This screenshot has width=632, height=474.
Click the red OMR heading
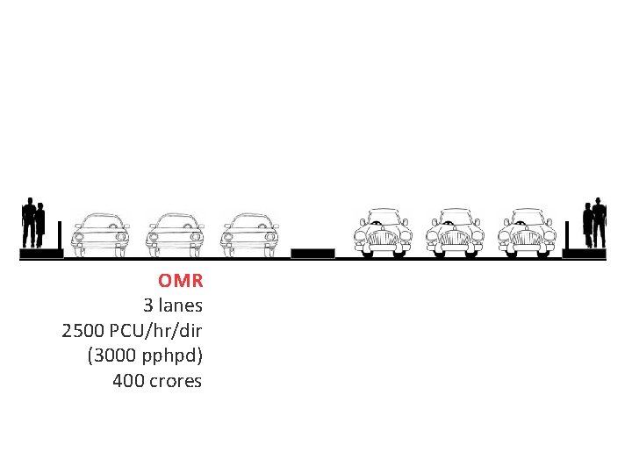181,281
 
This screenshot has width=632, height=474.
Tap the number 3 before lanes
147,306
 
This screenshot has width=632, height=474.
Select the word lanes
180,306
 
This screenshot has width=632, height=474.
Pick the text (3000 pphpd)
145,356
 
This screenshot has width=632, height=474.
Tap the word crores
176,381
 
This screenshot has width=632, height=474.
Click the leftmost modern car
101,233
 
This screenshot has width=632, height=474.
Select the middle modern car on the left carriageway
176,233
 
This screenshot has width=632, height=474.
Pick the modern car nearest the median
250,233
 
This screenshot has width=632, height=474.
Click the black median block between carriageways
312,254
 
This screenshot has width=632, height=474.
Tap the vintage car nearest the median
381,233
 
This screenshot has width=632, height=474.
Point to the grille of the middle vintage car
455,238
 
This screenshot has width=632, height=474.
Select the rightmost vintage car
528,233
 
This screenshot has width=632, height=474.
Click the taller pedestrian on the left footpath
29,222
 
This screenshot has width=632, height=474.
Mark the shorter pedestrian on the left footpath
39,225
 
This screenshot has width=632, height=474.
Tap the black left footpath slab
41,255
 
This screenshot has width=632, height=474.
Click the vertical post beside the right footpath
567,234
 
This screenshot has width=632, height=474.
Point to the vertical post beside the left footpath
60,234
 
